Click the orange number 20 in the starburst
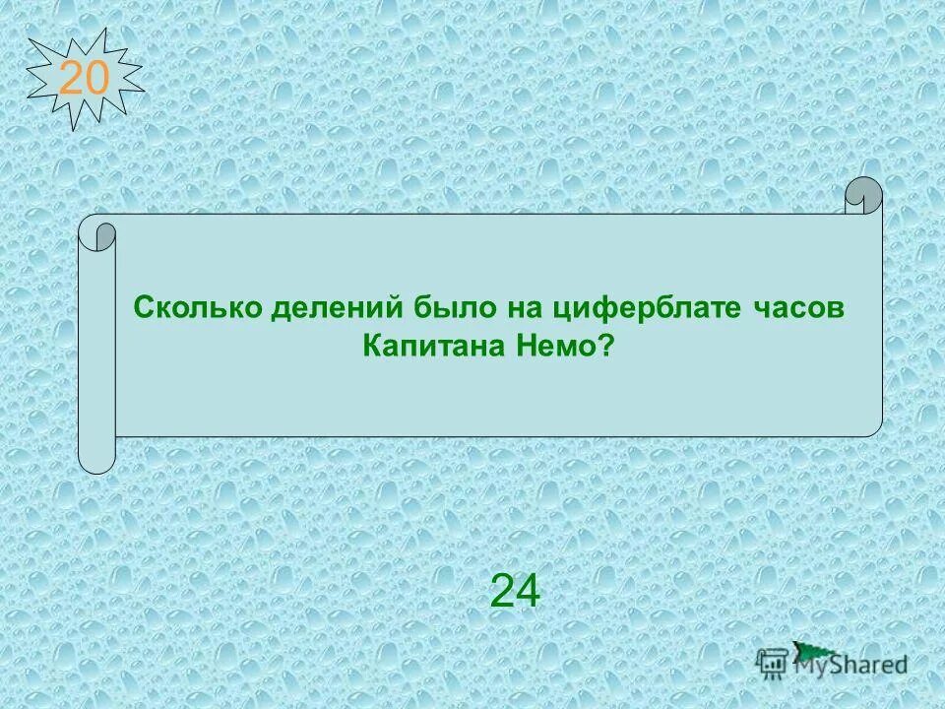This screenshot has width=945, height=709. [84, 78]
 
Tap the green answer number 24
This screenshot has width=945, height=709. [515, 592]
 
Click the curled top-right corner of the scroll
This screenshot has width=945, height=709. [863, 195]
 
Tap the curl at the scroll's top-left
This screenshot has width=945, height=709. [97, 234]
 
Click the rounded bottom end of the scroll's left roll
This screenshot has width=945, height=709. [96, 459]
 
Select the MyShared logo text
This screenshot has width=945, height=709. [851, 665]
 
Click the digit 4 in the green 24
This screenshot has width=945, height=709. [528, 592]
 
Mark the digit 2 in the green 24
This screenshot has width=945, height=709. [502, 592]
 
